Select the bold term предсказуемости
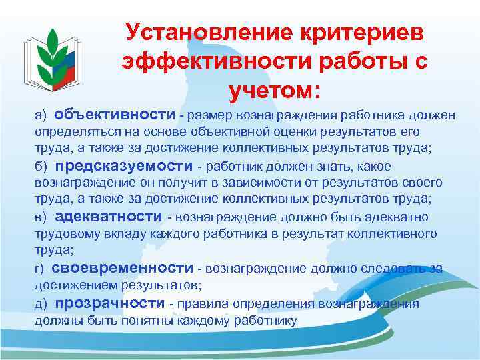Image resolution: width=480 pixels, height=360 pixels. (x=123, y=166)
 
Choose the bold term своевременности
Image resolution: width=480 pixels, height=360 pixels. (x=123, y=269)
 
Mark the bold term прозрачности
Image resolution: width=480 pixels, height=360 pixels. (x=110, y=304)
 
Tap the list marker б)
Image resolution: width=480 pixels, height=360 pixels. (x=41, y=167)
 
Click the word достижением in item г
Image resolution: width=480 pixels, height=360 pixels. (x=75, y=285)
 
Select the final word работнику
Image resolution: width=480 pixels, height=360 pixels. (x=261, y=321)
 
